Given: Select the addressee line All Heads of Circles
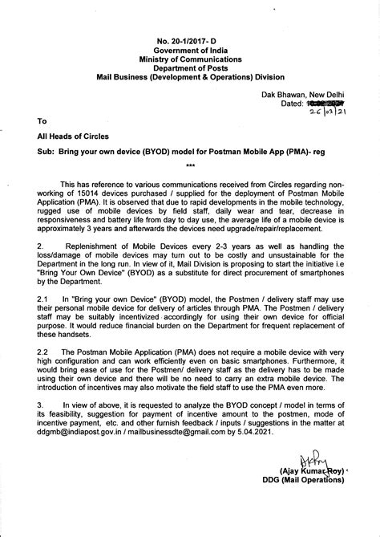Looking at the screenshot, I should [75, 137].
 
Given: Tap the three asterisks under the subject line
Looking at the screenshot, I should [190, 165].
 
